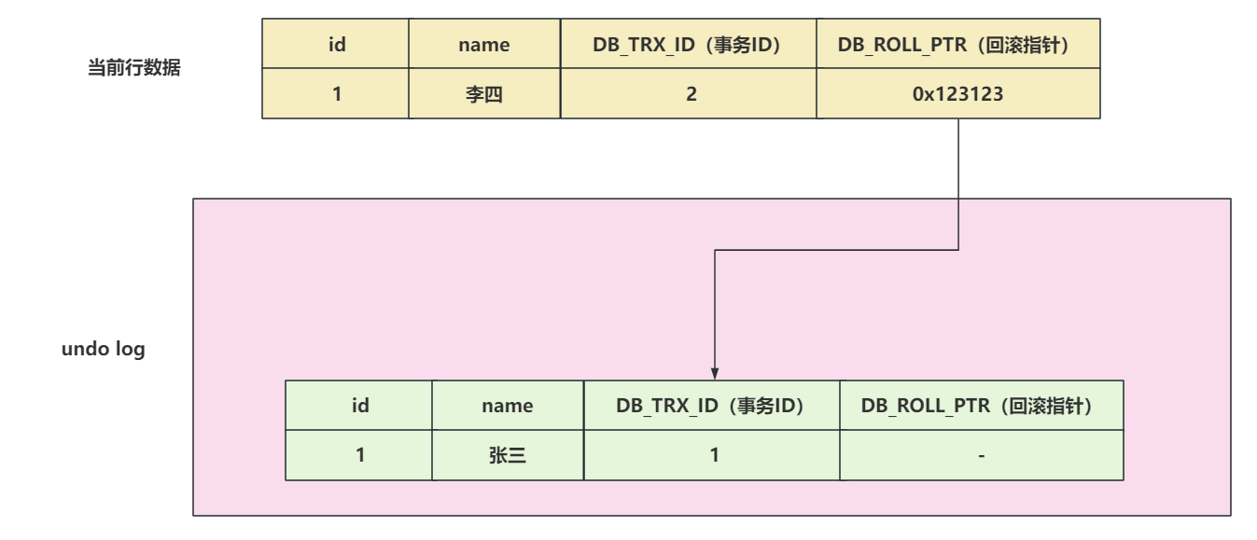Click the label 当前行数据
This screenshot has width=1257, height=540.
click(x=133, y=70)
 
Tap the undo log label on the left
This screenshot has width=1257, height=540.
click(x=103, y=352)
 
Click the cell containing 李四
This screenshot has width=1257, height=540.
click(x=485, y=94)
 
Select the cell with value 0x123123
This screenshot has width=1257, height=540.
click(x=958, y=94)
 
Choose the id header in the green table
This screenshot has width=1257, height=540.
click(x=359, y=406)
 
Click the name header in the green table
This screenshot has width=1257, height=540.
click(x=508, y=406)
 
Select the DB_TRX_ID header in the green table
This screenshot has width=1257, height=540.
click(x=712, y=406)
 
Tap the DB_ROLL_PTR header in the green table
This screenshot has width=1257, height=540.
click(x=982, y=406)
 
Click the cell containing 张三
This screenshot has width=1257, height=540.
click(x=508, y=455)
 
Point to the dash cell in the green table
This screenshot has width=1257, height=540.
click(x=982, y=455)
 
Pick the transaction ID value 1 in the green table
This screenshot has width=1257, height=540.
click(x=712, y=455)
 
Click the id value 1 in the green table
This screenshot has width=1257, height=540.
click(x=359, y=455)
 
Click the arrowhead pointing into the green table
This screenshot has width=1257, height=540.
click(x=714, y=373)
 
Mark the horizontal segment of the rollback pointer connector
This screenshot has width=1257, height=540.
click(x=836, y=250)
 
